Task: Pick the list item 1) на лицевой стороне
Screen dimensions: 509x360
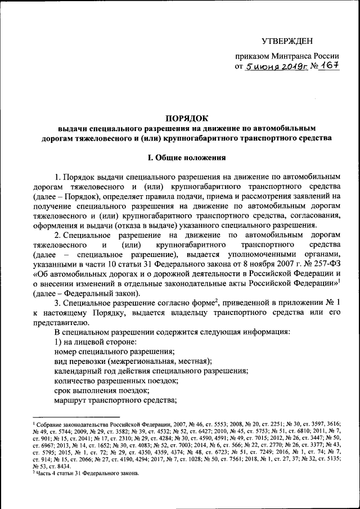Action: [91, 343]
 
